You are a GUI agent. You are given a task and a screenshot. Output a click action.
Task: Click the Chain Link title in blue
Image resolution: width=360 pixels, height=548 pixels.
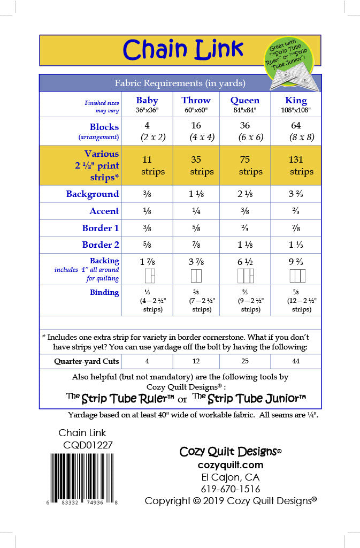click(x=183, y=50)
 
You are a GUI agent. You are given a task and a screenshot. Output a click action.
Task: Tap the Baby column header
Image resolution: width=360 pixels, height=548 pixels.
click(x=147, y=101)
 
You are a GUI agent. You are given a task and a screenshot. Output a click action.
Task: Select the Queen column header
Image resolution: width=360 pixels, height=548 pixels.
click(x=245, y=101)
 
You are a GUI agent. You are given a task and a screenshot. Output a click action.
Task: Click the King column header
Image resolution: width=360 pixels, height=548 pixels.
click(x=296, y=101)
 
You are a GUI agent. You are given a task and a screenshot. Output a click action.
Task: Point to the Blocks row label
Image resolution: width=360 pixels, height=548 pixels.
click(x=104, y=127)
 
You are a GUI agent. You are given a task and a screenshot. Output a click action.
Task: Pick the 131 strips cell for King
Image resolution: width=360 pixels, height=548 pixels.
click(x=296, y=165)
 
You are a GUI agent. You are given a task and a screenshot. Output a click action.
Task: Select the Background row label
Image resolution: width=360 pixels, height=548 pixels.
click(x=93, y=194)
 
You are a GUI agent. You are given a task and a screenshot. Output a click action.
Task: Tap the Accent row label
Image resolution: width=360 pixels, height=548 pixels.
click(x=104, y=211)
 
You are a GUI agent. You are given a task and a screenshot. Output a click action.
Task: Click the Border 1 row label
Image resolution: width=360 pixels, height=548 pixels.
click(x=101, y=229)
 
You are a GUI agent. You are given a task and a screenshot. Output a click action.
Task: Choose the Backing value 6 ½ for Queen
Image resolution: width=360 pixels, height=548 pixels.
click(x=245, y=262)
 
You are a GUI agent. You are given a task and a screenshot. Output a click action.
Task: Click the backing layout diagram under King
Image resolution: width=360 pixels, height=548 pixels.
click(x=296, y=276)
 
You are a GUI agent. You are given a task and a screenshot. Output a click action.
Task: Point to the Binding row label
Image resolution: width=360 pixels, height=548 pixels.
click(x=104, y=292)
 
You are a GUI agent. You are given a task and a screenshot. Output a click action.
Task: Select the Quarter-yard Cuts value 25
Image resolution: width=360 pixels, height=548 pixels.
click(x=245, y=362)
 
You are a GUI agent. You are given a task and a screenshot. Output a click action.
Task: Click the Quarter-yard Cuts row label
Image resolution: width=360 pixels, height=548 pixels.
click(x=86, y=362)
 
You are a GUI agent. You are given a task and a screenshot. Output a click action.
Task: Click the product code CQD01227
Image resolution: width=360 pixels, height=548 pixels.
click(x=88, y=444)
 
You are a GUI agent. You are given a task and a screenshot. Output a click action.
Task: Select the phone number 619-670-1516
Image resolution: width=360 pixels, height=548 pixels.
click(x=231, y=489)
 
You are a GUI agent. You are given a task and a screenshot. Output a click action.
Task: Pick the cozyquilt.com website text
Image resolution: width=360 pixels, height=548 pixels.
click(x=231, y=465)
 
